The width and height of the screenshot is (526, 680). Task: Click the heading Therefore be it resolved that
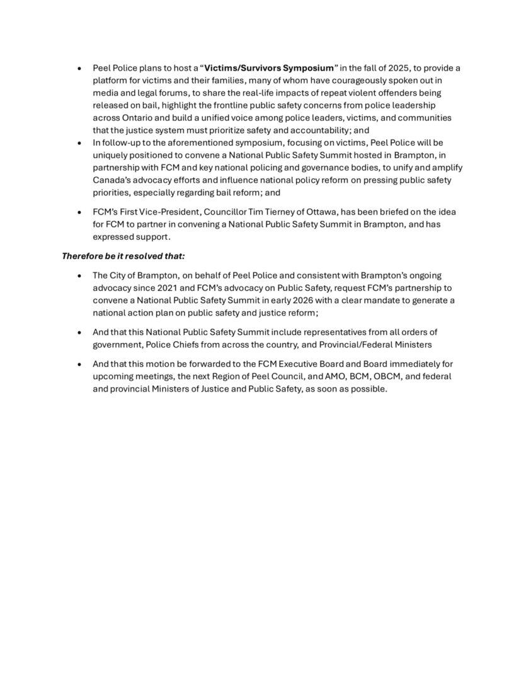pyautogui.click(x=123, y=256)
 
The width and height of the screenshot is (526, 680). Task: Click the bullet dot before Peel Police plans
pyautogui.click(x=79, y=67)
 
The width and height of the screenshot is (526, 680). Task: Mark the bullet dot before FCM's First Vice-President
pyautogui.click(x=79, y=212)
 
